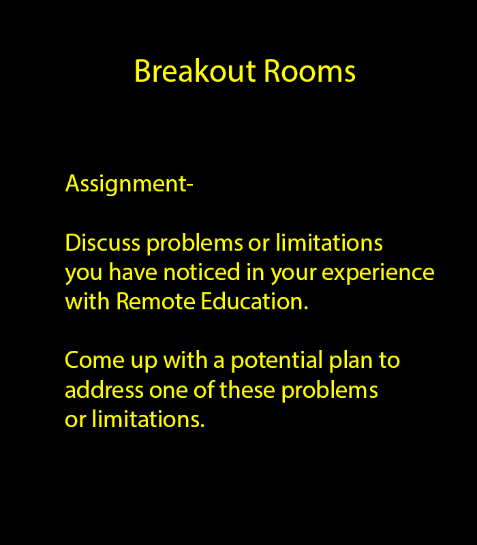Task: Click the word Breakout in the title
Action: (x=196, y=71)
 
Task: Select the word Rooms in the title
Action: (x=310, y=71)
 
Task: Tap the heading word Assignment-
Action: (x=129, y=184)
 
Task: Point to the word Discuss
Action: (x=103, y=243)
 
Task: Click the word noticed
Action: (x=202, y=272)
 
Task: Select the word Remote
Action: (x=155, y=301)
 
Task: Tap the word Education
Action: (x=254, y=301)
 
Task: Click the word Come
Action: (x=95, y=360)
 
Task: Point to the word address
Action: (x=104, y=390)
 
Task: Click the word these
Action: (x=247, y=390)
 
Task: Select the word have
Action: (x=133, y=272)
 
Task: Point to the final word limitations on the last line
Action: (x=148, y=419)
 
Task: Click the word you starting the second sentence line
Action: (x=84, y=275)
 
